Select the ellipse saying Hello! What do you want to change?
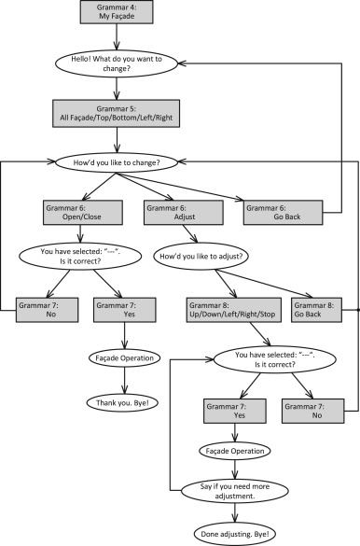[x=115, y=63]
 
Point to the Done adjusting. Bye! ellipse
[x=237, y=531]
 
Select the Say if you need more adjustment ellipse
[x=237, y=490]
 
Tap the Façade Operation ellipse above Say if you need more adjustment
[x=237, y=450]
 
